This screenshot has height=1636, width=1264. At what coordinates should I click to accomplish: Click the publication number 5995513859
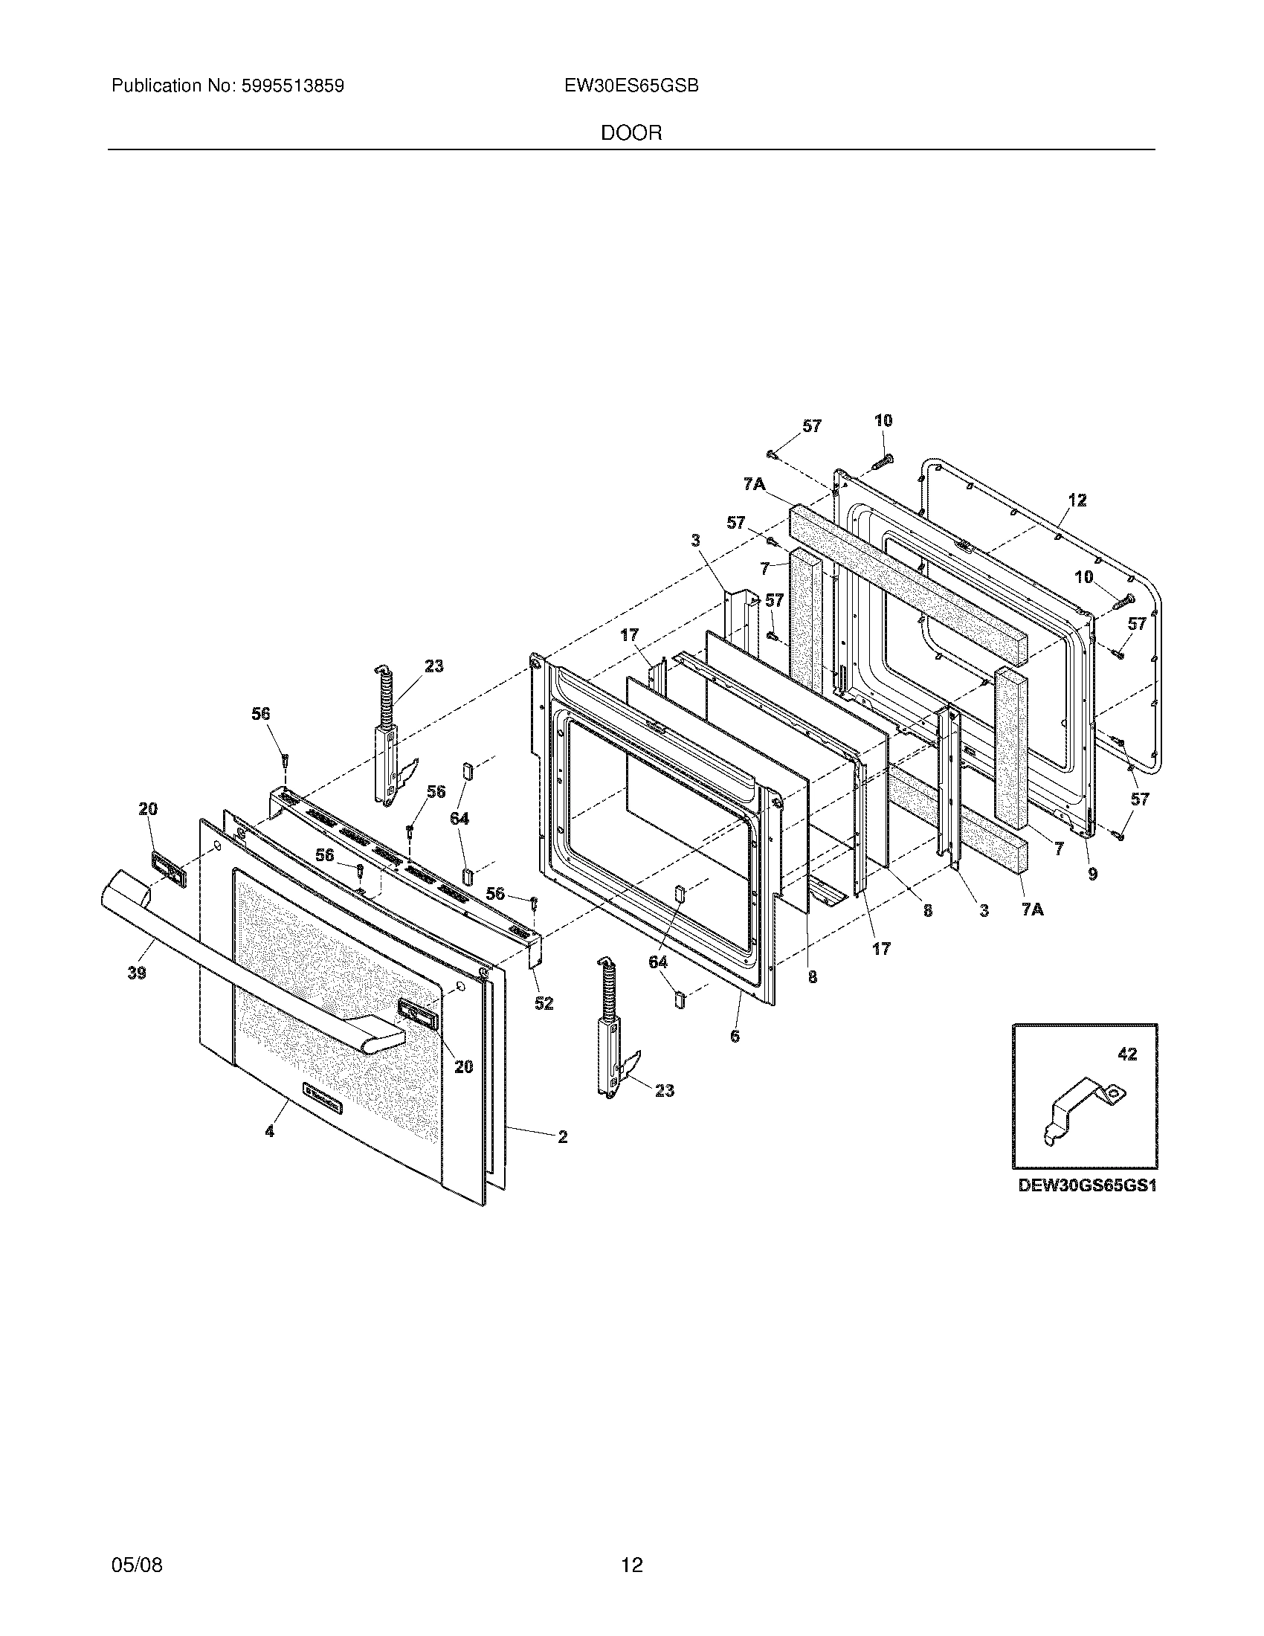[x=291, y=86]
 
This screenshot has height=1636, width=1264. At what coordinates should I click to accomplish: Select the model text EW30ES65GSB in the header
[x=632, y=86]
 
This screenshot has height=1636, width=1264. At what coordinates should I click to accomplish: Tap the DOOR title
[x=631, y=133]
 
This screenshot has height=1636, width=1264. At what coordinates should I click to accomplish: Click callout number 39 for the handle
[x=136, y=973]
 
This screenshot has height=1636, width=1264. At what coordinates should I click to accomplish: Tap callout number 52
[x=544, y=1003]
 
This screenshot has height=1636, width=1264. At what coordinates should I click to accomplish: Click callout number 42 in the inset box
[x=1127, y=1054]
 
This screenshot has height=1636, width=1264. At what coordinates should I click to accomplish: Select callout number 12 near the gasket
[x=1077, y=500]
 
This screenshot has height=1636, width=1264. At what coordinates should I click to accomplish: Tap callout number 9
[x=1092, y=874]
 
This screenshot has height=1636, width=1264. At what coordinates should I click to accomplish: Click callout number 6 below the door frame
[x=735, y=1036]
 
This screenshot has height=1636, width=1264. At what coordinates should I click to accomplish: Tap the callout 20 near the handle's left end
[x=147, y=808]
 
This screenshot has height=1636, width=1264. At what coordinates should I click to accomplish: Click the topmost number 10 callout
[x=883, y=420]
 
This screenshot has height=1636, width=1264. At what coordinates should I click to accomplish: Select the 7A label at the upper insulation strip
[x=754, y=485]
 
